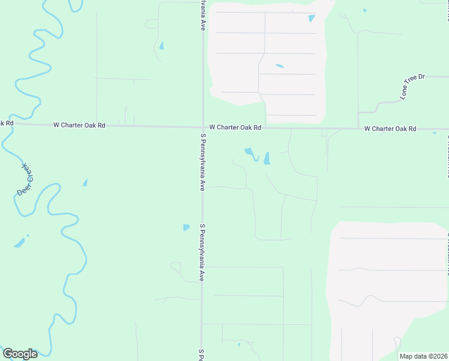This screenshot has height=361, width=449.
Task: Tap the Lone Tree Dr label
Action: (412, 87)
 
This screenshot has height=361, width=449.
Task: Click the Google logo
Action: (20, 354)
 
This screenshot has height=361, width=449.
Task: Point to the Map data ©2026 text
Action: (423, 356)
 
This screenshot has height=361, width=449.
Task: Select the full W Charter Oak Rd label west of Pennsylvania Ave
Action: (79, 125)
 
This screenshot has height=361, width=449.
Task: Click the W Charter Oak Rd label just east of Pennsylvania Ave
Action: (235, 128)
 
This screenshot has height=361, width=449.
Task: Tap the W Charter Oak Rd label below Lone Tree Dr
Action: (390, 129)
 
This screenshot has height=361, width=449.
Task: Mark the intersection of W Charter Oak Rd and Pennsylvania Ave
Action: (202, 127)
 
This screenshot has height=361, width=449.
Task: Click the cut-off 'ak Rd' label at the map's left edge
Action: (6, 123)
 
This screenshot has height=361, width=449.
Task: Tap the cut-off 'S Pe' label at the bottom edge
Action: (202, 354)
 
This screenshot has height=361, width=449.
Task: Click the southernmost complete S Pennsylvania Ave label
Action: (203, 253)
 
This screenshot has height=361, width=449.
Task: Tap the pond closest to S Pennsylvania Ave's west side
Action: (186, 227)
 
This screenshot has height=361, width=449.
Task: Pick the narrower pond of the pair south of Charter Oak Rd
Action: (267, 158)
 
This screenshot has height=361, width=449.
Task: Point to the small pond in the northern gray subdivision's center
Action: (280, 66)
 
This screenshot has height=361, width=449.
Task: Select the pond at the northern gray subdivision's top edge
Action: (312, 18)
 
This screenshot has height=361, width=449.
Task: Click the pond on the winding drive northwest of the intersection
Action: (161, 45)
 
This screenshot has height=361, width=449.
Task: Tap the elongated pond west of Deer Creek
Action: (20, 243)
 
